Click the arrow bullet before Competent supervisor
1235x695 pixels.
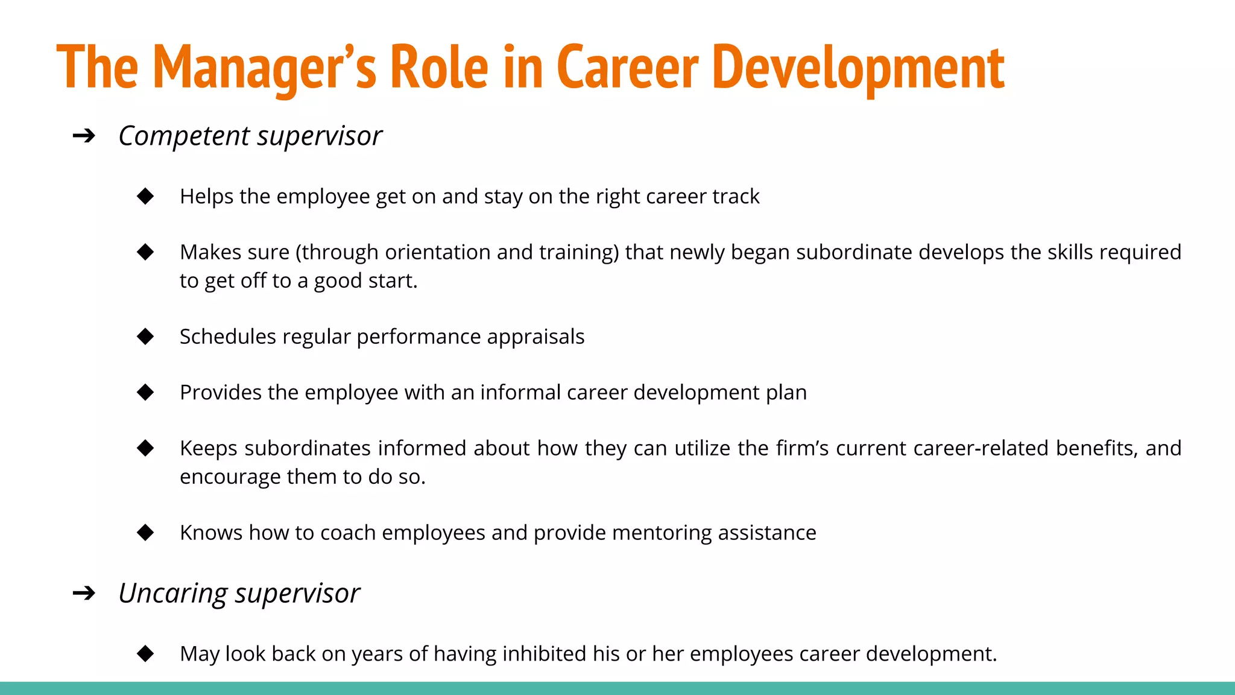coord(84,136)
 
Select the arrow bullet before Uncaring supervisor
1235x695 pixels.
coord(84,593)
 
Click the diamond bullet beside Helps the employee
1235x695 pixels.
coord(145,196)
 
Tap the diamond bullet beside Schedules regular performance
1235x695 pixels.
coord(145,336)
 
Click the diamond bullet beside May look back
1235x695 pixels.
coord(145,653)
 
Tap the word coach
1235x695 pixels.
coord(348,533)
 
